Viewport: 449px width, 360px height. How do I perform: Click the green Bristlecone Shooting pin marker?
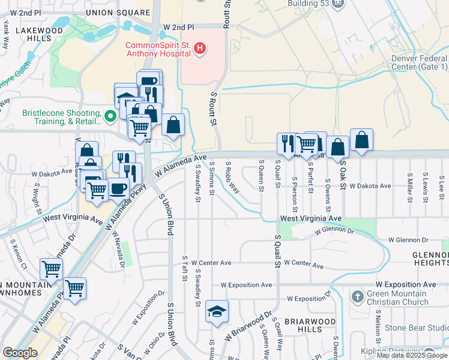click(x=110, y=116)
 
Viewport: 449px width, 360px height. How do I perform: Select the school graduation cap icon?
click(x=217, y=311)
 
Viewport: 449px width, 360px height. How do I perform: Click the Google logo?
click(x=20, y=353)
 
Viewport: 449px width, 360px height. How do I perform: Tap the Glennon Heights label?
click(x=430, y=259)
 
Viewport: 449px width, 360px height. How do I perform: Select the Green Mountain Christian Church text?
click(x=399, y=298)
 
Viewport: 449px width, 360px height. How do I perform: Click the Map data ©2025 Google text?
click(x=412, y=355)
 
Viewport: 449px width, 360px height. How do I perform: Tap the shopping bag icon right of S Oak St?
click(x=361, y=140)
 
